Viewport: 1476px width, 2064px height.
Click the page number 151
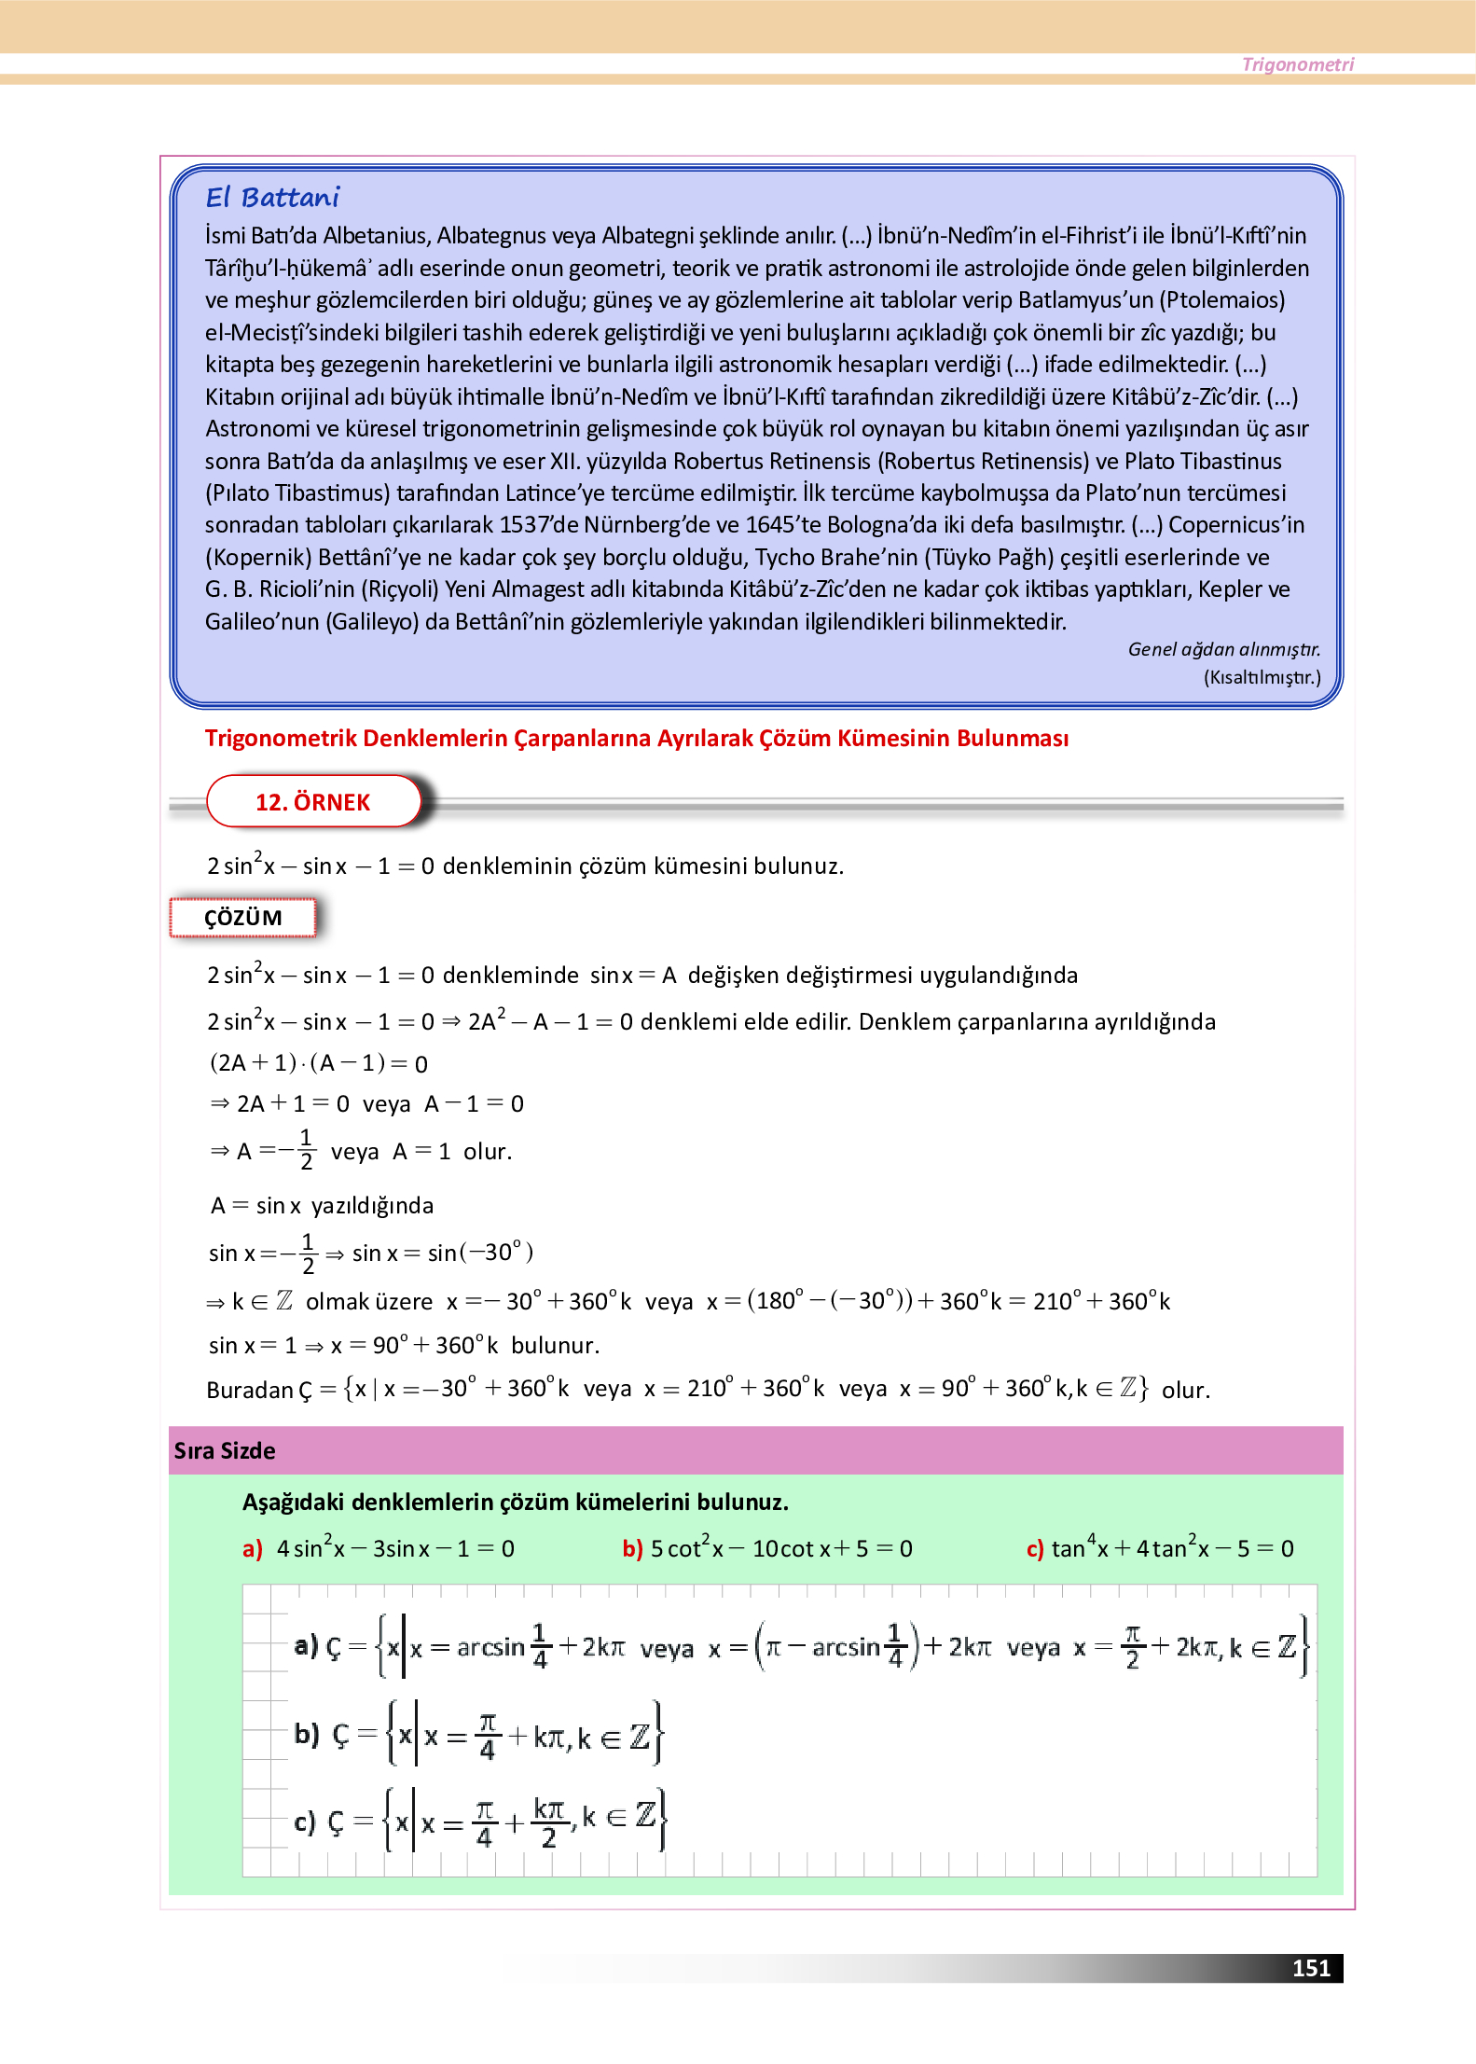[1310, 1968]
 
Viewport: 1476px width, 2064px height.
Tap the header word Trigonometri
[1297, 64]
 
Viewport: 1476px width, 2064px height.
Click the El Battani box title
[272, 198]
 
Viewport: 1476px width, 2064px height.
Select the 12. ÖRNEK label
[312, 802]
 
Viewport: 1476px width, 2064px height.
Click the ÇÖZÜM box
[242, 918]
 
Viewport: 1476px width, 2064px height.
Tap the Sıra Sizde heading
[225, 1451]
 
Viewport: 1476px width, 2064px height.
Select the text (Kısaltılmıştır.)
[1262, 677]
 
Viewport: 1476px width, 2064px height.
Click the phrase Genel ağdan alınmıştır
[1223, 649]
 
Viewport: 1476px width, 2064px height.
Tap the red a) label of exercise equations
[253, 1549]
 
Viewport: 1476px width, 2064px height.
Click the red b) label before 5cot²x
[632, 1549]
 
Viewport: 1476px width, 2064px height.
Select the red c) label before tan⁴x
[1035, 1549]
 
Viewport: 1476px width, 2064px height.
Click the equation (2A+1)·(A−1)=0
[318, 1063]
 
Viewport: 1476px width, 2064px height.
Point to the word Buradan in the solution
[249, 1391]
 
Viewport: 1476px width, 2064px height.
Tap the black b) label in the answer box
[307, 1734]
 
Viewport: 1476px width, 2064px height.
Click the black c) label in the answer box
[305, 1822]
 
